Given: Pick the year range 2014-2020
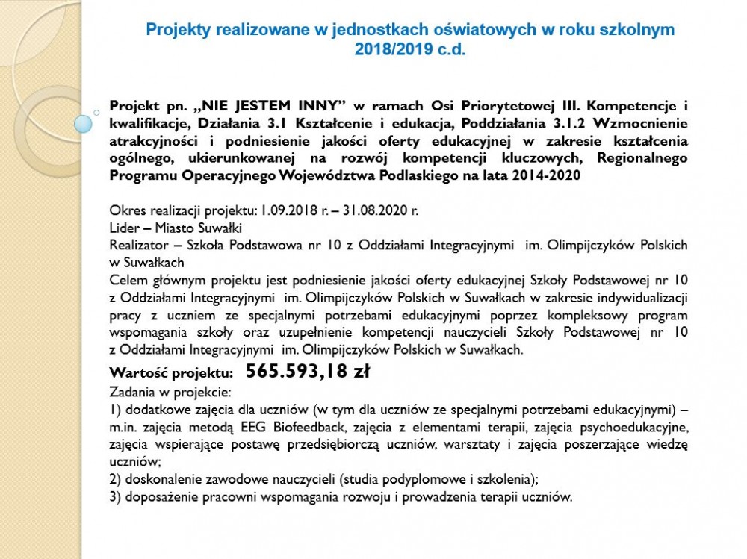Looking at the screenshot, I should [554, 175].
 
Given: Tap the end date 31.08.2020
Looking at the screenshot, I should [374, 211].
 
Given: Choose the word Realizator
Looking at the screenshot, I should [137, 245].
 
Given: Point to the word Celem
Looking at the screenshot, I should [127, 280].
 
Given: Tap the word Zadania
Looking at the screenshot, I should [131, 391].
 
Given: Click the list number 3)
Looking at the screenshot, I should [115, 496].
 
